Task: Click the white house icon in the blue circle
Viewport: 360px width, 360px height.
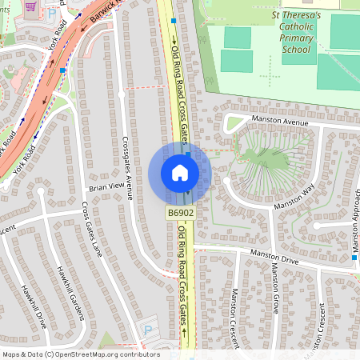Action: tap(180, 173)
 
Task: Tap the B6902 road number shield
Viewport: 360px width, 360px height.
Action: tap(180, 213)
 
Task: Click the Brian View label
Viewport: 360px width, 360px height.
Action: tap(108, 186)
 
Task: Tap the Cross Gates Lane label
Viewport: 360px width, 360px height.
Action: tap(92, 229)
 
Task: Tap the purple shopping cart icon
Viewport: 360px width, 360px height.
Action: tap(31, 6)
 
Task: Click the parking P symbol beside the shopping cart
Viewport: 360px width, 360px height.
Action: tap(51, 14)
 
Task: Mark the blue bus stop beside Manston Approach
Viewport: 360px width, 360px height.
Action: tap(354, 258)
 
